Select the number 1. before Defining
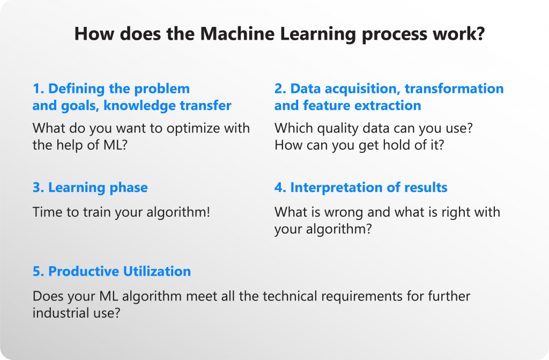(x=38, y=89)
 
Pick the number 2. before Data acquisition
(x=280, y=89)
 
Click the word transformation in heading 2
(x=454, y=89)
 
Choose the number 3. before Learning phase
(x=38, y=188)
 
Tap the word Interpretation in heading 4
(x=337, y=188)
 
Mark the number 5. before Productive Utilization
(x=38, y=271)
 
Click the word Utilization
(x=157, y=271)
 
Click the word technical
(x=290, y=296)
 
